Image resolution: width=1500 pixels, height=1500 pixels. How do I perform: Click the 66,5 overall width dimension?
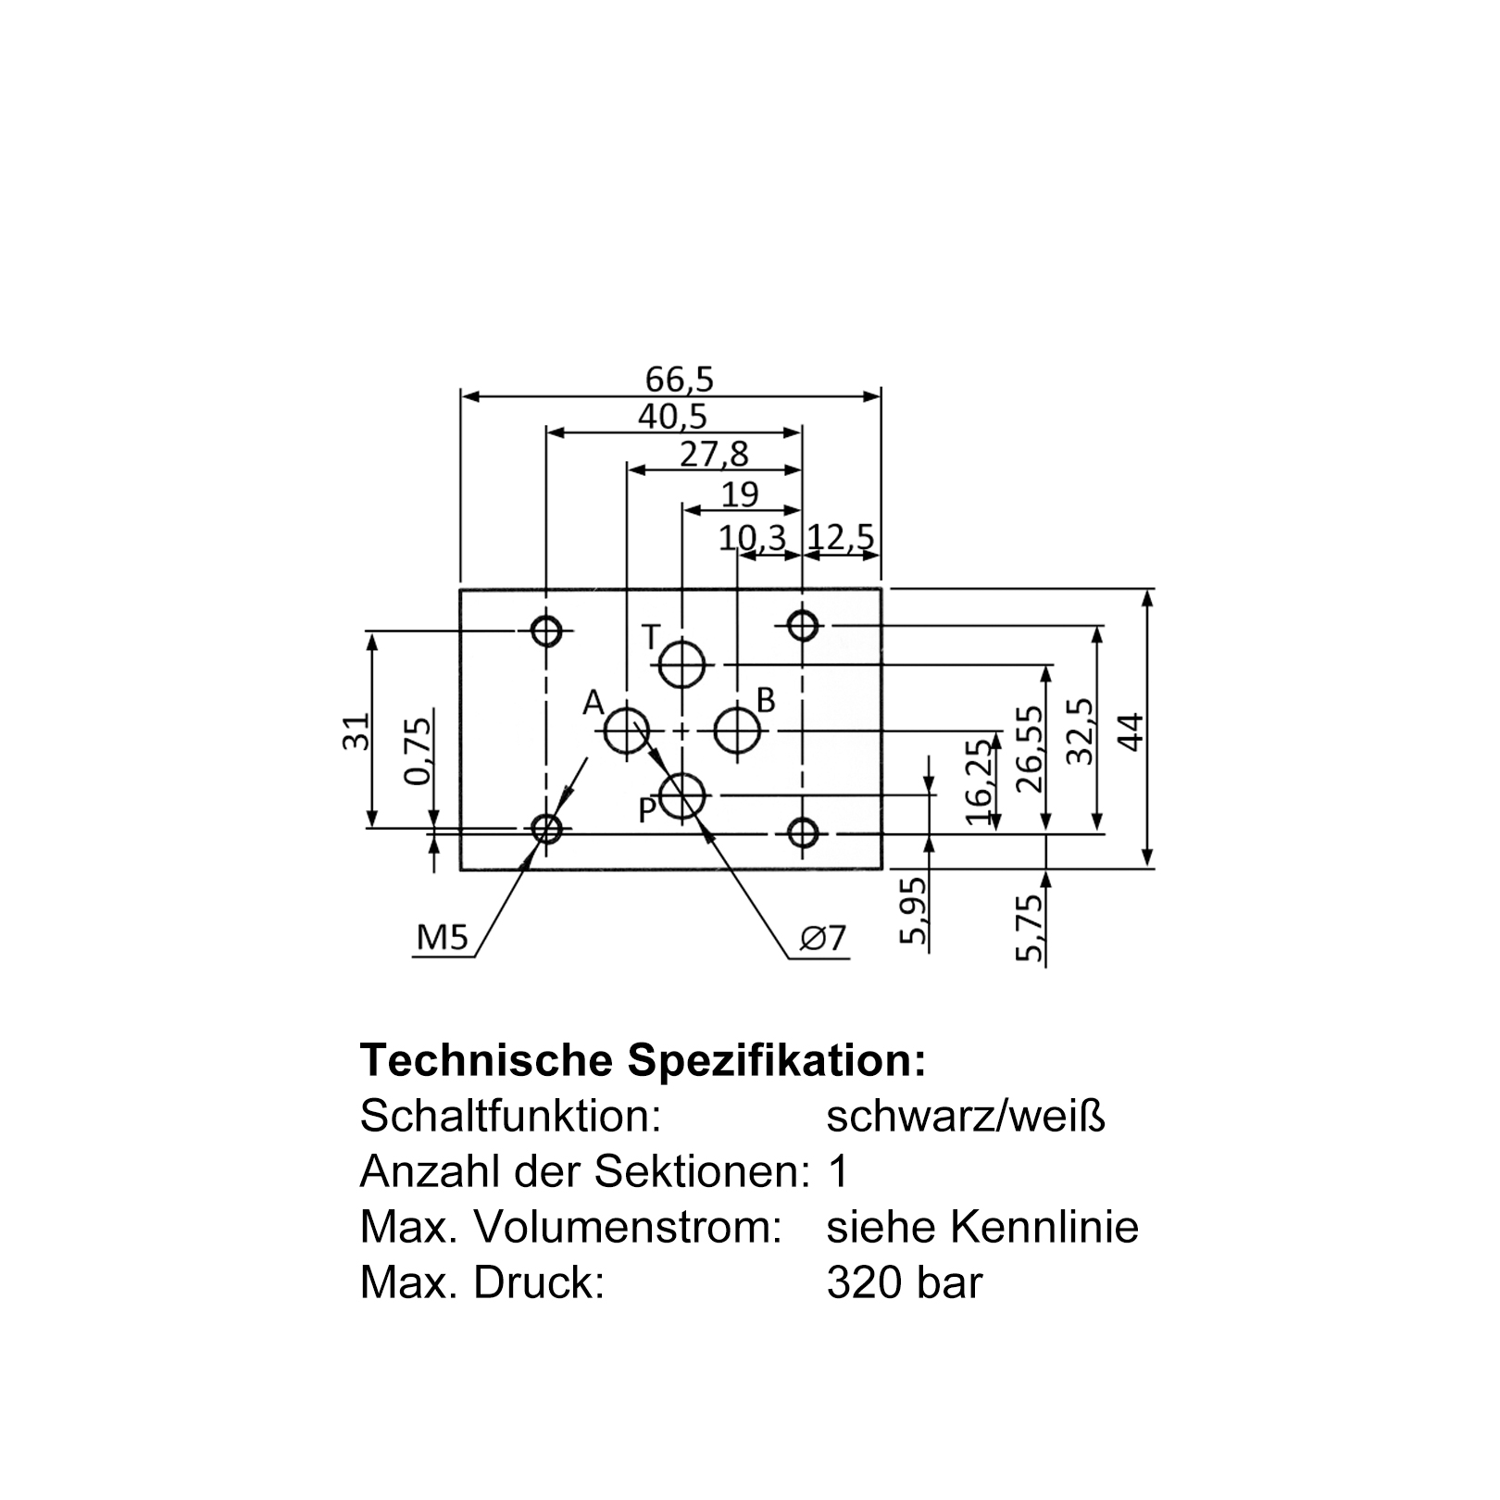680,379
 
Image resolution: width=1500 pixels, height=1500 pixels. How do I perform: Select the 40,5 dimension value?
672,418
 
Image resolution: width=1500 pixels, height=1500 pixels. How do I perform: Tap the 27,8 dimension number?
714,455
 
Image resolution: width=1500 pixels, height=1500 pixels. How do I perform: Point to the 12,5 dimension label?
841,538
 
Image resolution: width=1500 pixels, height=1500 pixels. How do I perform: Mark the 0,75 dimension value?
419,751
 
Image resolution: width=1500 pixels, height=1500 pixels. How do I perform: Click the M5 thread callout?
444,939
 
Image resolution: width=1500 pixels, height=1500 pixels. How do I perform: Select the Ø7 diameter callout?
824,939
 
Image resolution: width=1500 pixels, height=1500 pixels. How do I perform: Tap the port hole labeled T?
682,664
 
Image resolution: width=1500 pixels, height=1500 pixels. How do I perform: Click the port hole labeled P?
682,795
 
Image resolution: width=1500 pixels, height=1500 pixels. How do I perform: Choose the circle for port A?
627,731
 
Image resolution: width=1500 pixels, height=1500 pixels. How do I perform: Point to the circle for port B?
737,731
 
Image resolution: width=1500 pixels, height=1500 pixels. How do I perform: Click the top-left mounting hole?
546,631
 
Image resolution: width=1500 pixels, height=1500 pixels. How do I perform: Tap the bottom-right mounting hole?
803,832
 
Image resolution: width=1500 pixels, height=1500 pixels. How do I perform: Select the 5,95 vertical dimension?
913,911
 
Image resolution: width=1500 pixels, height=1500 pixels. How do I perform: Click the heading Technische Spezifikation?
643,1060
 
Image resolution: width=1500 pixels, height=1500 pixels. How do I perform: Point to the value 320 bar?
904,1283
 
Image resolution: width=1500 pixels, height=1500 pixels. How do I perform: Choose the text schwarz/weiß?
966,1117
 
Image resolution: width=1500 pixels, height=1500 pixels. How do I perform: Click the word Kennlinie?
1044,1228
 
